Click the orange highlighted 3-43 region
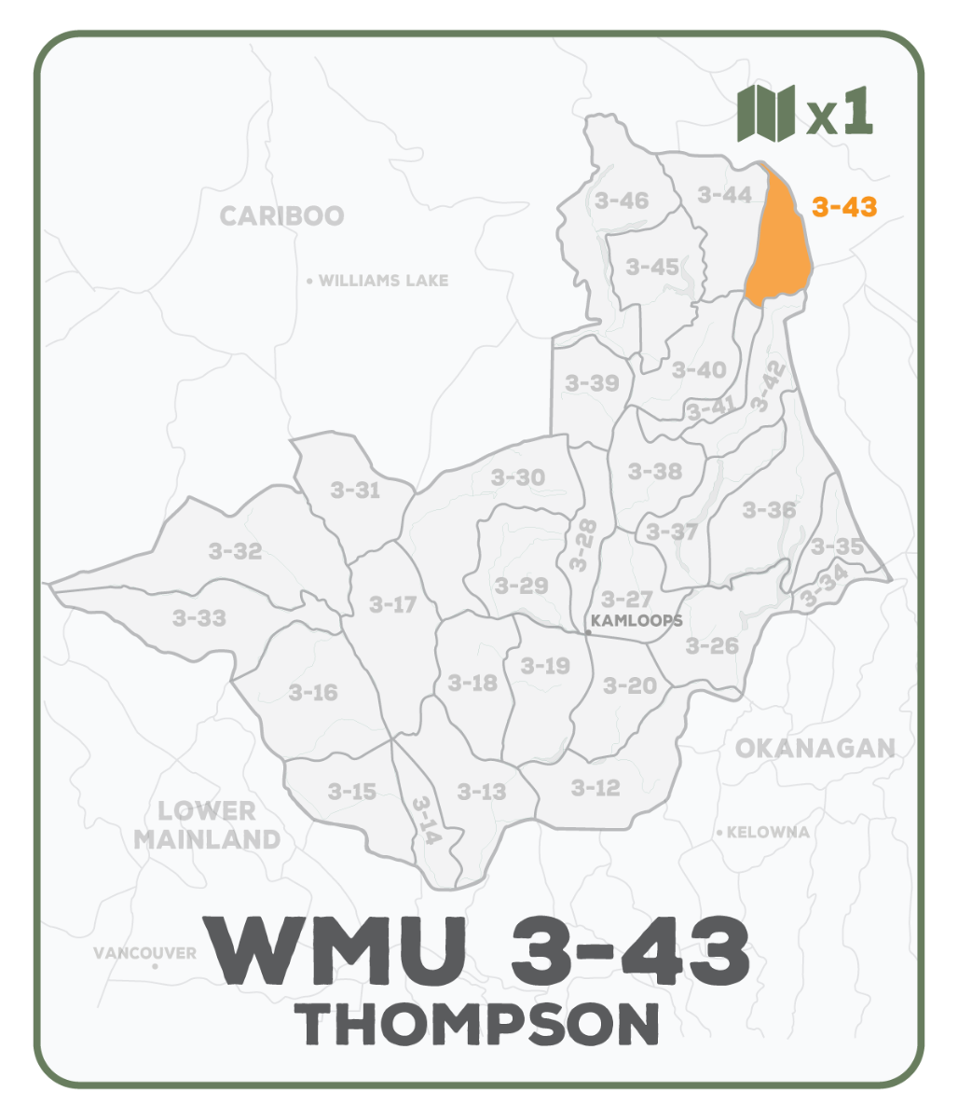[x=781, y=248]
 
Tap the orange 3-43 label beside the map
[x=843, y=207]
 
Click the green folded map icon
[x=765, y=113]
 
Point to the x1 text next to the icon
[x=840, y=114]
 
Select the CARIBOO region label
[x=281, y=216]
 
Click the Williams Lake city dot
[x=309, y=281]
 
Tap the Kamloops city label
[x=637, y=620]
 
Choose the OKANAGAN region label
[x=814, y=748]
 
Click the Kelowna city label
[x=768, y=832]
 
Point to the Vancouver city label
[x=144, y=953]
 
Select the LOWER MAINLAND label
[x=207, y=825]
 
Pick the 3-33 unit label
[x=199, y=617]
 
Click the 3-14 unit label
[x=425, y=821]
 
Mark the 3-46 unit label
[x=621, y=200]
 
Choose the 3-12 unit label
[x=595, y=789]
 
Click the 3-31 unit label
[x=355, y=490]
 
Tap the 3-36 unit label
[x=769, y=510]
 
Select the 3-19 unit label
[x=545, y=666]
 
